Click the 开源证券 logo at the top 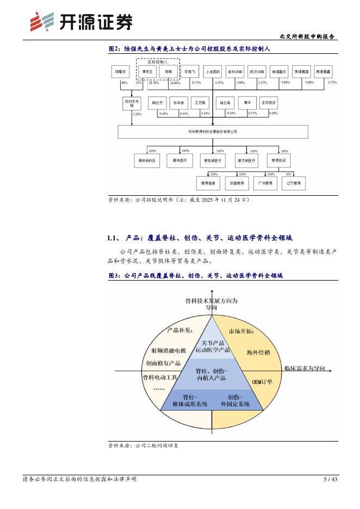click(82, 21)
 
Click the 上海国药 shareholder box click(213, 71)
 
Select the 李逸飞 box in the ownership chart click(190, 71)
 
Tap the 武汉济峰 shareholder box click(257, 71)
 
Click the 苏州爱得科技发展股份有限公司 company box click(212, 131)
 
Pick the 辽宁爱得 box click(293, 183)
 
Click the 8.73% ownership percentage click(196, 82)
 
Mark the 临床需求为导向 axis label click(304, 369)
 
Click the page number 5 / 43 click(331, 479)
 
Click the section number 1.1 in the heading click(113, 238)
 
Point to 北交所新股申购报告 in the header click(307, 36)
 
